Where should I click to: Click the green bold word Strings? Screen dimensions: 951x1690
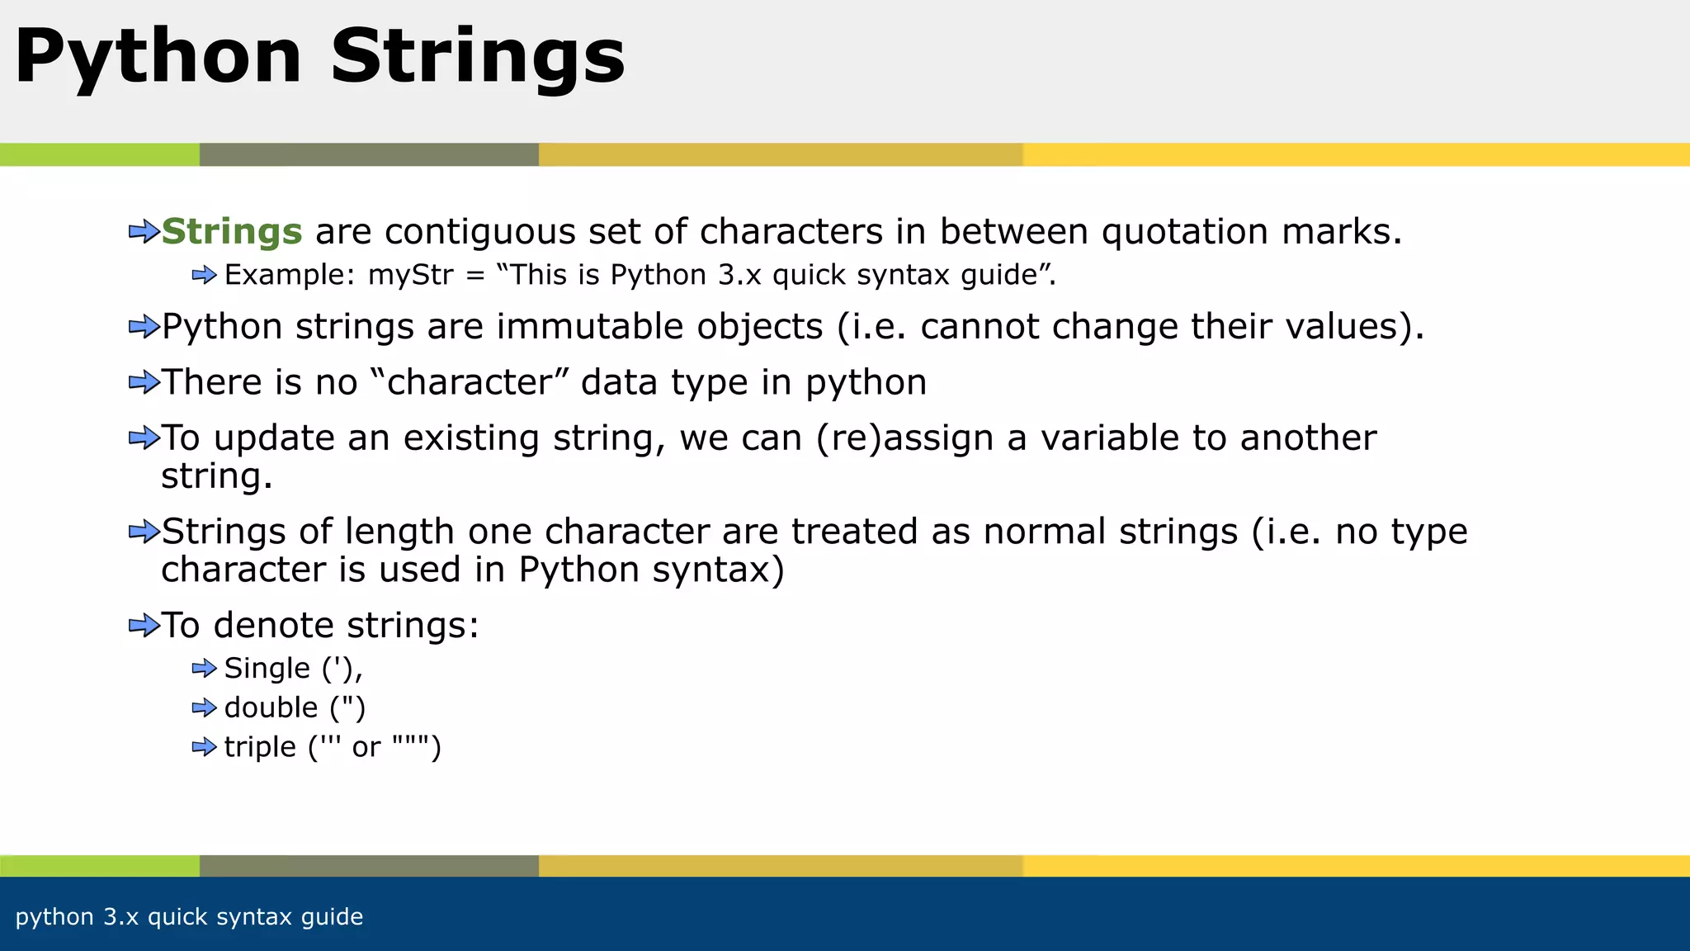[x=232, y=232]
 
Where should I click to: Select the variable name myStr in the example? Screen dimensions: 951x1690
[x=410, y=275]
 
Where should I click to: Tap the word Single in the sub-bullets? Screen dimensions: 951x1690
[x=267, y=668]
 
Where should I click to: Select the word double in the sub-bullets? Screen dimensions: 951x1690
[x=271, y=707]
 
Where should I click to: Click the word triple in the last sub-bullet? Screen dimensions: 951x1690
[x=260, y=747]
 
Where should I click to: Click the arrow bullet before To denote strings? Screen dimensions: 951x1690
[x=144, y=626]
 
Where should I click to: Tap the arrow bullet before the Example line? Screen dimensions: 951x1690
[x=204, y=275]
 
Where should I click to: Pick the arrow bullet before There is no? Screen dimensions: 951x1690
[x=144, y=383]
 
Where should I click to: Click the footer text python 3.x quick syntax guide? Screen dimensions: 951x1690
[x=189, y=917]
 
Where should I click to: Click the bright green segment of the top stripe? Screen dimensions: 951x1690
[x=99, y=154]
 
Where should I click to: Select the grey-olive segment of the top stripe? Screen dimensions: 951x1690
[x=369, y=154]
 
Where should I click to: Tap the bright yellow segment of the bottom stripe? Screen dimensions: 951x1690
[x=1353, y=866]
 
